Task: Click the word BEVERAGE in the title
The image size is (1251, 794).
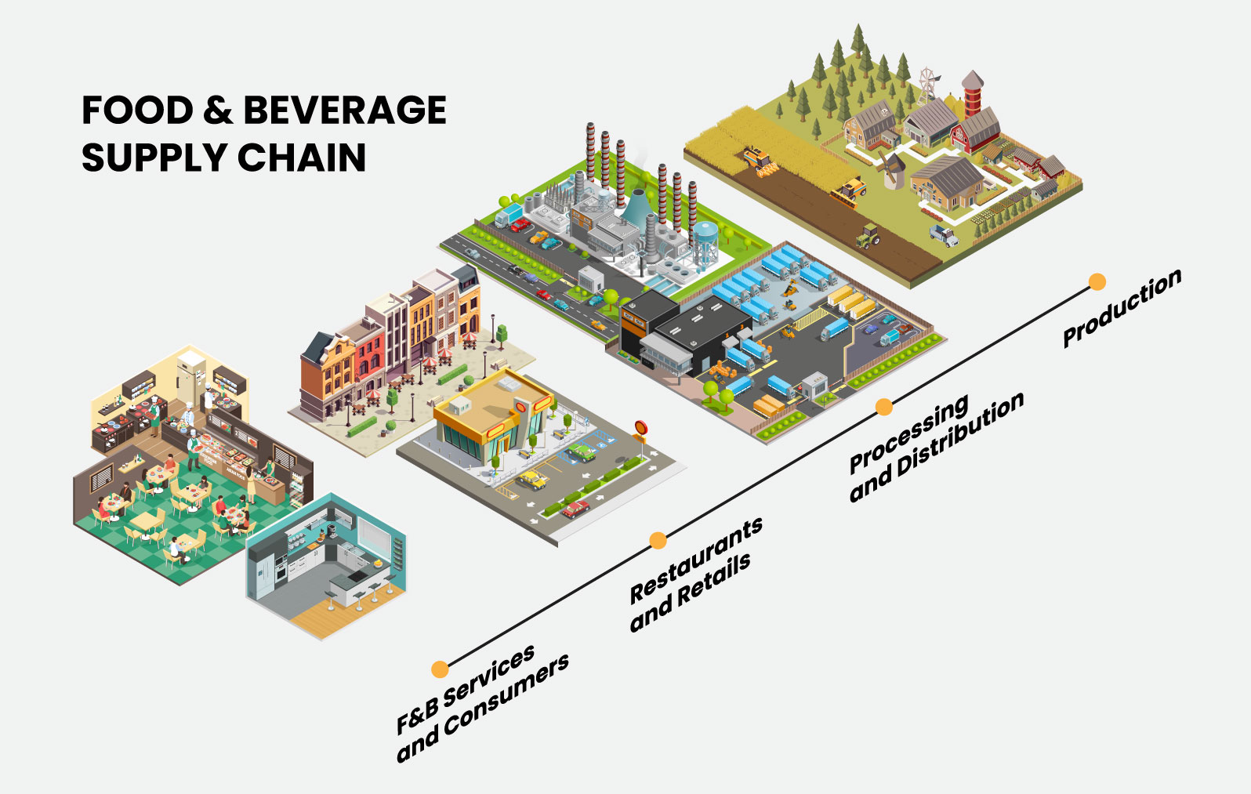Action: [345, 110]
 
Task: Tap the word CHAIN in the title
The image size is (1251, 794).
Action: [301, 158]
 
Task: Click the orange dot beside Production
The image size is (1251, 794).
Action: [1097, 281]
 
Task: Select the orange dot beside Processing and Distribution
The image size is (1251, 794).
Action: [884, 407]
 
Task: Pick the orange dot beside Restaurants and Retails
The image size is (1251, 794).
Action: [658, 540]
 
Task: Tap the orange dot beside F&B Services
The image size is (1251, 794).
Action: [440, 669]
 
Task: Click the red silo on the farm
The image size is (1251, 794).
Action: [973, 94]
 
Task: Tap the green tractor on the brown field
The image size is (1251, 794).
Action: [868, 234]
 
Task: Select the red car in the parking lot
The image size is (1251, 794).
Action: [576, 509]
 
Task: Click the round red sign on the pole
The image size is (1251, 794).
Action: [641, 428]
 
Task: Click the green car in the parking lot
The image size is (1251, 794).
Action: [582, 452]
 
